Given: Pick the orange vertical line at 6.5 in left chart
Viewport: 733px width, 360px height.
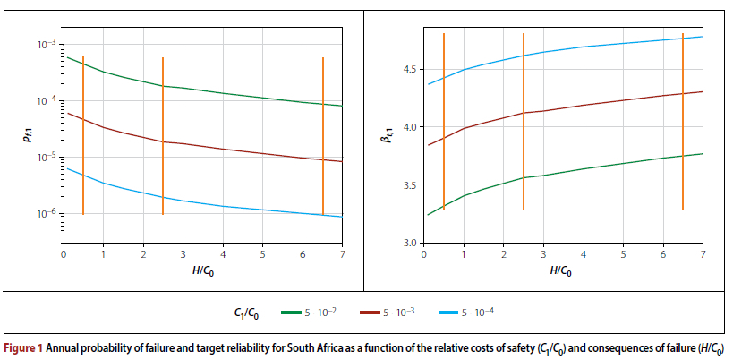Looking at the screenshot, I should [x=323, y=134].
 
